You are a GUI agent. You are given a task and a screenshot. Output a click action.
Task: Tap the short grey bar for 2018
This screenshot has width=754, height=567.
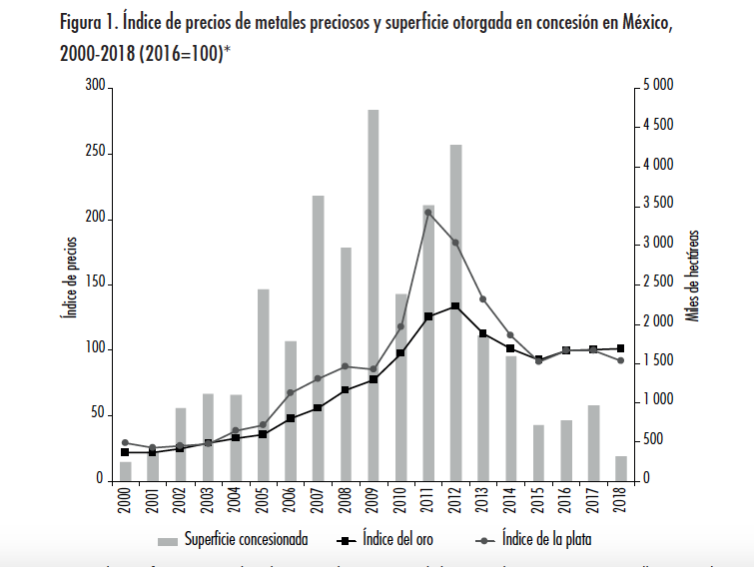(621, 468)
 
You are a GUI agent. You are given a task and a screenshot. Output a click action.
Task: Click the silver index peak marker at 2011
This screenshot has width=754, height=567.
(427, 212)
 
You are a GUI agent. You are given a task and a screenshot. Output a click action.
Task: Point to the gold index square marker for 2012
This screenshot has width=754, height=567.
(455, 306)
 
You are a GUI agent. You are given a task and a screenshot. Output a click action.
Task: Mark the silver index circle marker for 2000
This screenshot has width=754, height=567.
(125, 442)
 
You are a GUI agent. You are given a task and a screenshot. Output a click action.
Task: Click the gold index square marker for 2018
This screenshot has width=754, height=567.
(621, 348)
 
